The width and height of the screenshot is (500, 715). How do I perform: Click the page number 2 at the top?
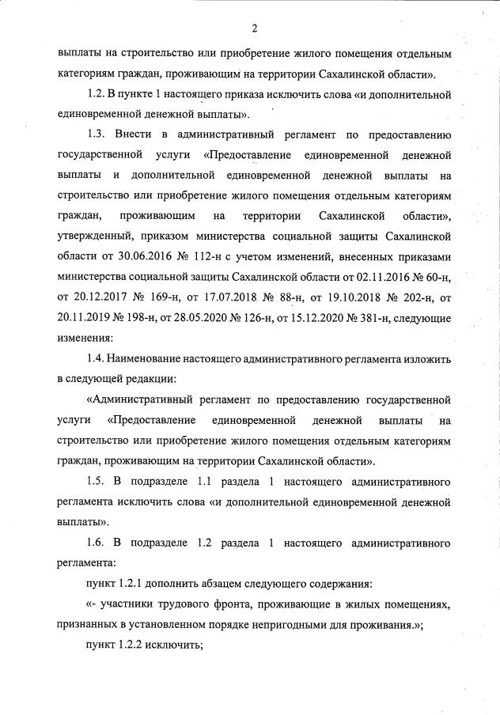(256, 30)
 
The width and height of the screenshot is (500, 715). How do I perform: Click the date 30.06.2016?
(134, 255)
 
